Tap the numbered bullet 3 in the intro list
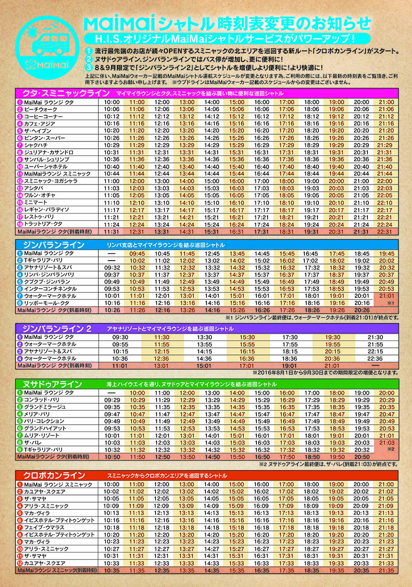point(88,67)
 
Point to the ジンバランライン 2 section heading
point(54,329)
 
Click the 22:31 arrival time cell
point(386,232)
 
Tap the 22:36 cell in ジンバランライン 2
point(375,358)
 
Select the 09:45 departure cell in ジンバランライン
point(137,253)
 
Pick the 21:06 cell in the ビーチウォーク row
point(386,109)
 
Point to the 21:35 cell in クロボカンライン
point(386,571)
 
